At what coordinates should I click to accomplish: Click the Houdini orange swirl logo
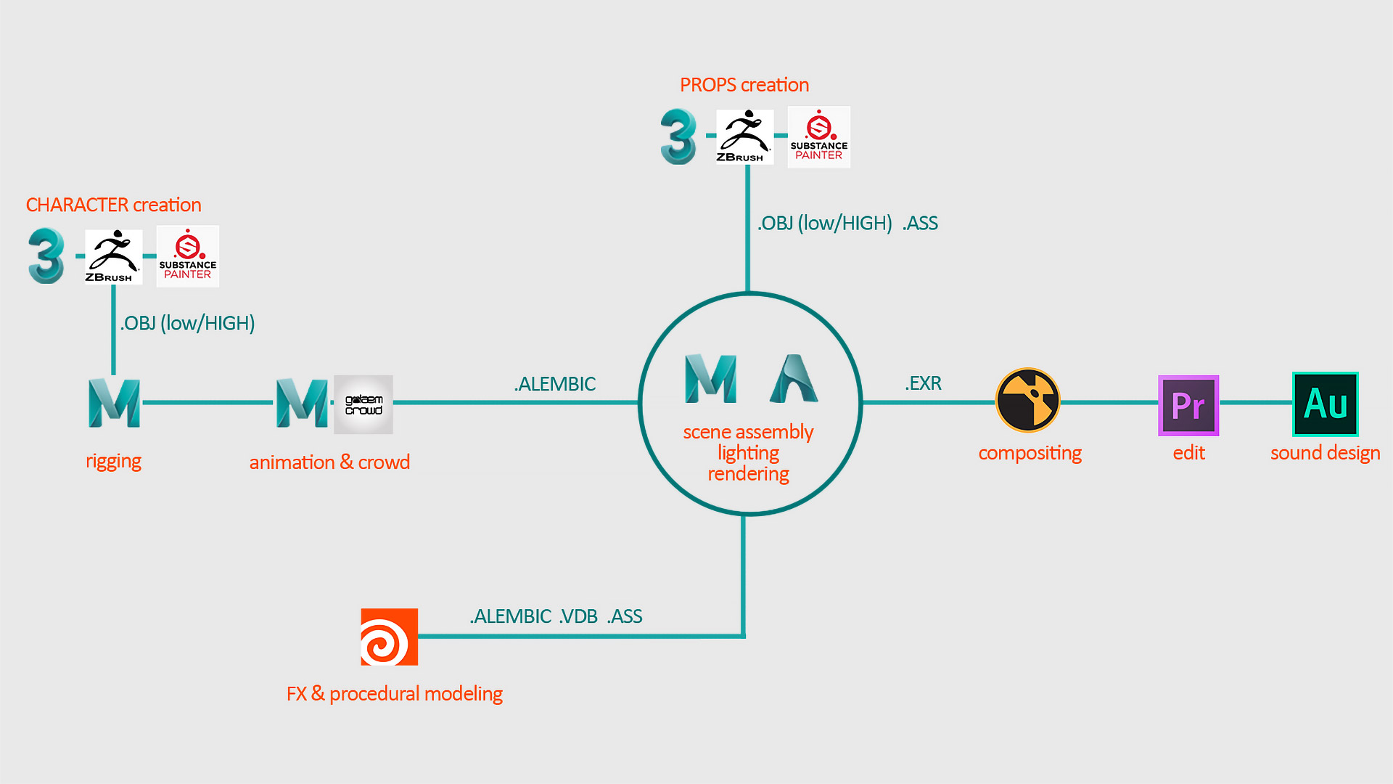point(389,637)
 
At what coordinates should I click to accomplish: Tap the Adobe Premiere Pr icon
point(1188,405)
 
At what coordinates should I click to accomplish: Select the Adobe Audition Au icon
point(1325,404)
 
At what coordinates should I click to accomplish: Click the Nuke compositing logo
point(1027,400)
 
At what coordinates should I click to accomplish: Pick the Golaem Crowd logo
point(363,404)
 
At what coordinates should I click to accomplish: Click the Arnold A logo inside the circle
point(794,378)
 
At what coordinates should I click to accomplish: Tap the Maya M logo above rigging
point(114,403)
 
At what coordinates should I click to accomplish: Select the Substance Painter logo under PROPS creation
point(818,137)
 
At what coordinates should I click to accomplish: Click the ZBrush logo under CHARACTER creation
point(113,256)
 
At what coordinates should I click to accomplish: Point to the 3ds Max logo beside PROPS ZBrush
point(678,136)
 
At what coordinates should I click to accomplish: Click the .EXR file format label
point(923,383)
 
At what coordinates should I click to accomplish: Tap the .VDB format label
point(578,616)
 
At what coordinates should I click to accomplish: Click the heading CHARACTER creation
point(114,205)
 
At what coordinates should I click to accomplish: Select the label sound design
point(1325,453)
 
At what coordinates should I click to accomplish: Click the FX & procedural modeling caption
point(395,694)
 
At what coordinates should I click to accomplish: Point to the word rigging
point(113,461)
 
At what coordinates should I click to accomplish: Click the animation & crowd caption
point(329,462)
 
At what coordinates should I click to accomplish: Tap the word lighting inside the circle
point(748,453)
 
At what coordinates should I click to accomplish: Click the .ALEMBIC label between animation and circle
point(555,384)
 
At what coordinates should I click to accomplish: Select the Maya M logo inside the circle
point(711,378)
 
